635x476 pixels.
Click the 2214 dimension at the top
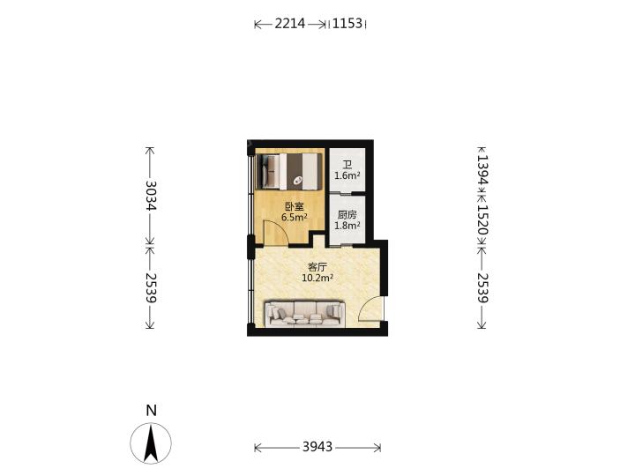pyautogui.click(x=290, y=24)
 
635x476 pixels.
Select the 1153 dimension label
pyautogui.click(x=347, y=24)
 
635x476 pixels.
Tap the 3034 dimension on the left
pyautogui.click(x=151, y=195)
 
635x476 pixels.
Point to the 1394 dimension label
pyautogui.click(x=482, y=169)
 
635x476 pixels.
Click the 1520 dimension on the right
pyautogui.click(x=482, y=219)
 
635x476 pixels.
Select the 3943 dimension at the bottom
pyautogui.click(x=317, y=446)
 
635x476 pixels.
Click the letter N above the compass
pyautogui.click(x=151, y=411)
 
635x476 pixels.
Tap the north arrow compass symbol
pyautogui.click(x=151, y=443)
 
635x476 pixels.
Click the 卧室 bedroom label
pyautogui.click(x=294, y=206)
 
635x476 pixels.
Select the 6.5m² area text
pyautogui.click(x=294, y=217)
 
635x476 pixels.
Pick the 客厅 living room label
pyautogui.click(x=317, y=267)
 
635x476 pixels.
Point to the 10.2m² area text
pyautogui.click(x=317, y=278)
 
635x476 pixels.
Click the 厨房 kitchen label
pyautogui.click(x=347, y=215)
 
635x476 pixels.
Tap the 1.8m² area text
pyautogui.click(x=347, y=226)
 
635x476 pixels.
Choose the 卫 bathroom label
pyautogui.click(x=347, y=165)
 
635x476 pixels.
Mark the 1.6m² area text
pyautogui.click(x=347, y=175)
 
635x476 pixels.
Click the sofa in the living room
pyautogui.click(x=304, y=313)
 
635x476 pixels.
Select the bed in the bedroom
pyautogui.click(x=290, y=171)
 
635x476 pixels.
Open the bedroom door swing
pyautogui.click(x=275, y=233)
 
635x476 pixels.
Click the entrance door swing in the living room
pyautogui.click(x=370, y=309)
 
